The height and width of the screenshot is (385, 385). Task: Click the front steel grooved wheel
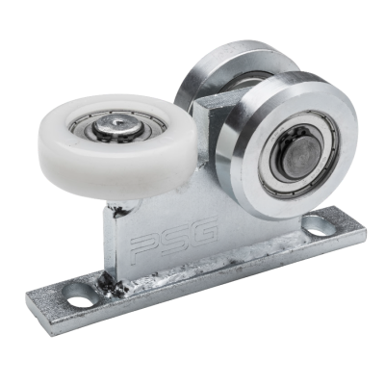(287, 144)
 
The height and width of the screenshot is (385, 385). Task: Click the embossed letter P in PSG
(142, 248)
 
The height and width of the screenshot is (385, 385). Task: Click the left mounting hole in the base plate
(80, 297)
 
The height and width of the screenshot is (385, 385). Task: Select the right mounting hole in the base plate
(316, 227)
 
